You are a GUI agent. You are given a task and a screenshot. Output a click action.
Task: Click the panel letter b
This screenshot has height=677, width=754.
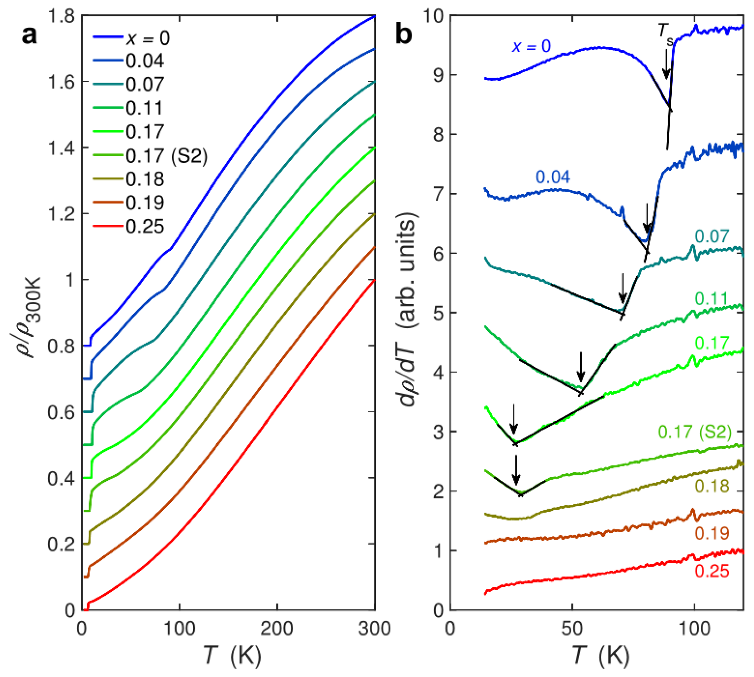pyautogui.click(x=404, y=35)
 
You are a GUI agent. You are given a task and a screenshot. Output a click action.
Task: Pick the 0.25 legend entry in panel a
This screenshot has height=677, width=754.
pyautogui.click(x=145, y=227)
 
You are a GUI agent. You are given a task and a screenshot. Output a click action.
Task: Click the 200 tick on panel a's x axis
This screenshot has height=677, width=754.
pyautogui.click(x=277, y=629)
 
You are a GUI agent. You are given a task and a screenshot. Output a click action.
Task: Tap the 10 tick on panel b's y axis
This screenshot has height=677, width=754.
pyautogui.click(x=433, y=16)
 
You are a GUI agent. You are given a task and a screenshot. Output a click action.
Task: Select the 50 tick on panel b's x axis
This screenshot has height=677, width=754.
pyautogui.click(x=572, y=629)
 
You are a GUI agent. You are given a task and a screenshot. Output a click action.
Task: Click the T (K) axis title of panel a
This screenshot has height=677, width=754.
pyautogui.click(x=232, y=655)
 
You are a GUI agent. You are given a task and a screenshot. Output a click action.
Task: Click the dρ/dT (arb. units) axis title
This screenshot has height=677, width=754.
pyautogui.click(x=407, y=309)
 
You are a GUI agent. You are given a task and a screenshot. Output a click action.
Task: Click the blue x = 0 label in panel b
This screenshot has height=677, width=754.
pyautogui.click(x=531, y=46)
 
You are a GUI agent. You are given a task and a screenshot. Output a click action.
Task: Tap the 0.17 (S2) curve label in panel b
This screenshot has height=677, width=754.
pyautogui.click(x=694, y=432)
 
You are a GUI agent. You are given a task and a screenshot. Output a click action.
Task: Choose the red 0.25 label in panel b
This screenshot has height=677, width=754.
pyautogui.click(x=712, y=571)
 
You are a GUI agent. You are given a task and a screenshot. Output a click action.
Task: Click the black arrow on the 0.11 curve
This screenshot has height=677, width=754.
pyautogui.click(x=580, y=367)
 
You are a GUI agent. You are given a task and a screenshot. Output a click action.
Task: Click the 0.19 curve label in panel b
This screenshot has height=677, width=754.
pyautogui.click(x=712, y=533)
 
